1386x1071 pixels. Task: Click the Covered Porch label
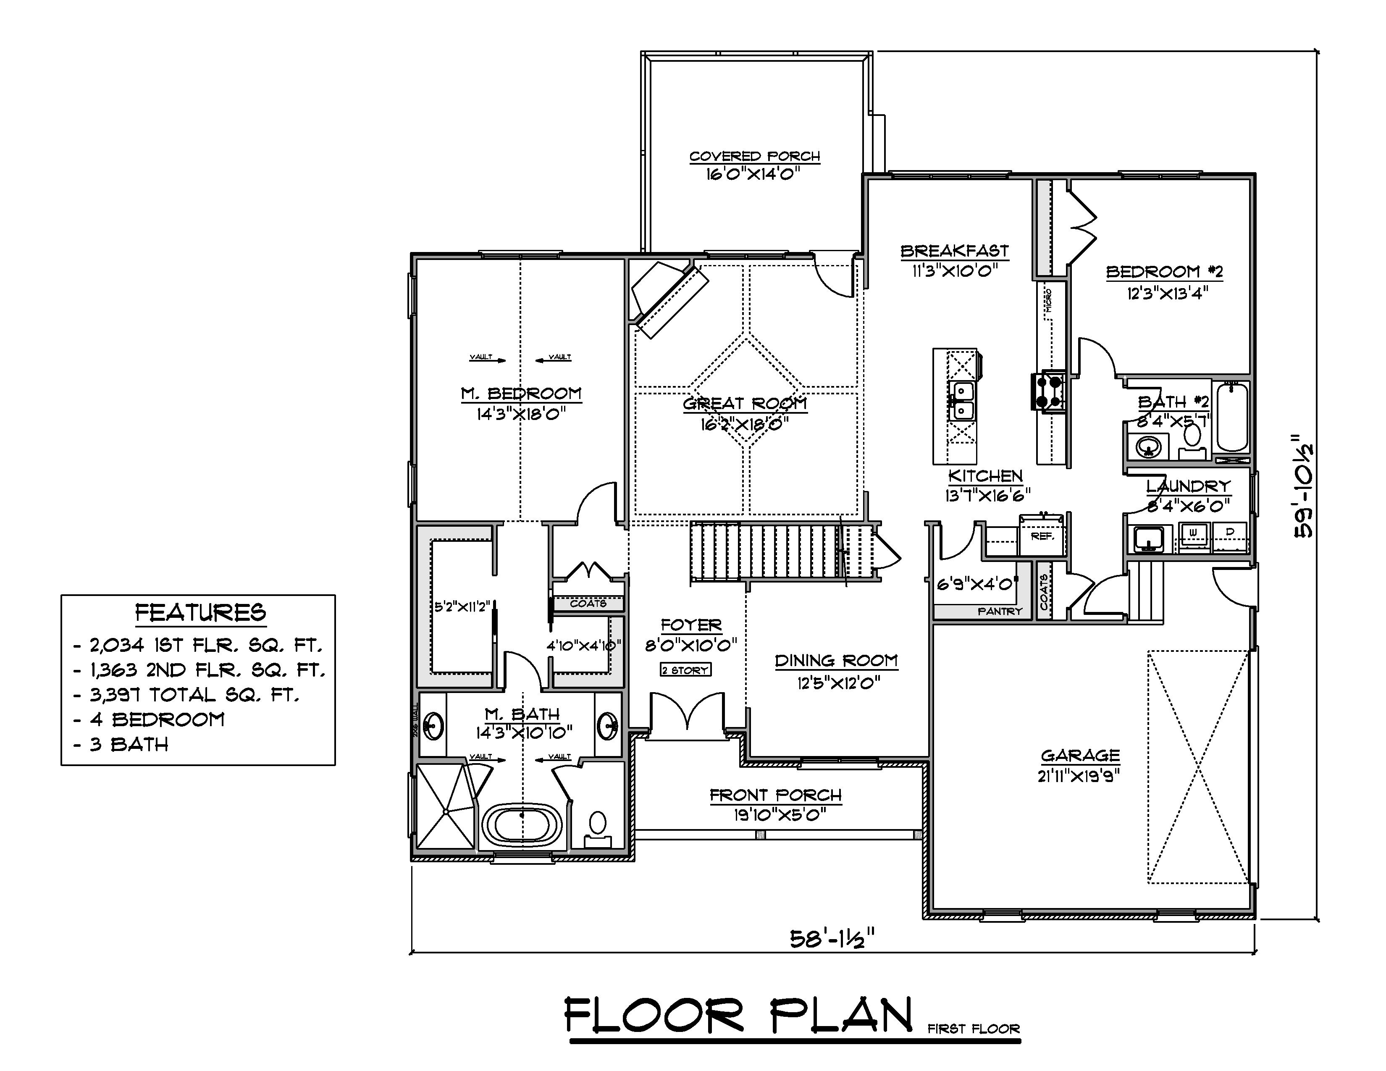755,156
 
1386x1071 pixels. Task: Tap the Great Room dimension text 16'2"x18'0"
744,424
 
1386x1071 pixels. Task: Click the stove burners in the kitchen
1048,391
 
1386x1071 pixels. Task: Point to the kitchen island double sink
962,402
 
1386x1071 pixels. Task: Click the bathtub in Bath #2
1232,417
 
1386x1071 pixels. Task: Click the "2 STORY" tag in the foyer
685,670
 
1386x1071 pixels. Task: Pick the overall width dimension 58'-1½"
832,938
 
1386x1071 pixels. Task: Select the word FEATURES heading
200,613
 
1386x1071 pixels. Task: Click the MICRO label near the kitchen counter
1048,300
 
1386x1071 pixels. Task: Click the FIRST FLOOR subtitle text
974,1029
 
